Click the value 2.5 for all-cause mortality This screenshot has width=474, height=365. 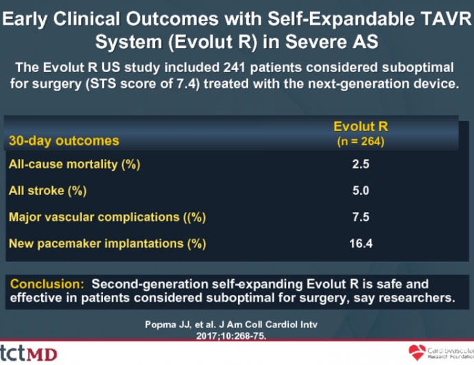(x=361, y=164)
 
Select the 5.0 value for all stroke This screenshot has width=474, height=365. (x=361, y=190)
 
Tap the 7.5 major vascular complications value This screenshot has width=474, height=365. (x=361, y=217)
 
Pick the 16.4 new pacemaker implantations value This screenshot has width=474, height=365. (x=361, y=244)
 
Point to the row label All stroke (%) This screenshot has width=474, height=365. (x=47, y=190)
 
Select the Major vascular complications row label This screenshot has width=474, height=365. (x=107, y=217)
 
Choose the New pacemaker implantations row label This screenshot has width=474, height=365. (x=107, y=244)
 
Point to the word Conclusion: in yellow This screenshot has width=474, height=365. (x=47, y=284)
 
